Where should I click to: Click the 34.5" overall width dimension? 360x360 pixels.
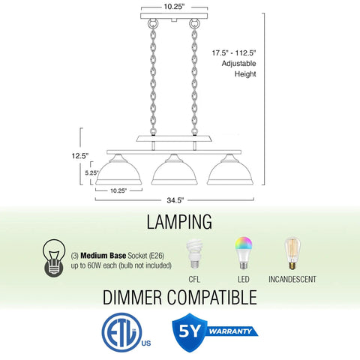point(175,200)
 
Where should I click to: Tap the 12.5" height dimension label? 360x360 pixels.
point(80,156)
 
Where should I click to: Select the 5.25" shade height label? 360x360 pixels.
point(91,172)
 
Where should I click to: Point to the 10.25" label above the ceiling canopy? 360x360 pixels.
point(174,7)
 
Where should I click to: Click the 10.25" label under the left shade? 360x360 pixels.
point(118,190)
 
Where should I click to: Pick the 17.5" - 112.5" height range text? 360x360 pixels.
point(234,53)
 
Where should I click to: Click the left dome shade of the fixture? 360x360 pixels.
point(118,170)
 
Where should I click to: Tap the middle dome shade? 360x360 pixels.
point(174,170)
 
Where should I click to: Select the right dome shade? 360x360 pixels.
point(230,170)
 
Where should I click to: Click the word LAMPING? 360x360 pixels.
point(179,221)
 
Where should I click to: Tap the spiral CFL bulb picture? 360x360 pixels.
point(194,254)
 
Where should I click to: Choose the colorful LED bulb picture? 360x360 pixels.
point(243,253)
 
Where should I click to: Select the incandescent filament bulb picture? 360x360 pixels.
point(292,253)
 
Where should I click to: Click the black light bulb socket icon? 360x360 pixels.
point(54,258)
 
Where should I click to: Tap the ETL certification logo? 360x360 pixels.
point(122,332)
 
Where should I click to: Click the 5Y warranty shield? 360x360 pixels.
point(190,332)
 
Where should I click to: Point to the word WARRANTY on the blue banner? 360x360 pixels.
point(230,331)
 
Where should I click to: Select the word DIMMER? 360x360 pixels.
point(133,298)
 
